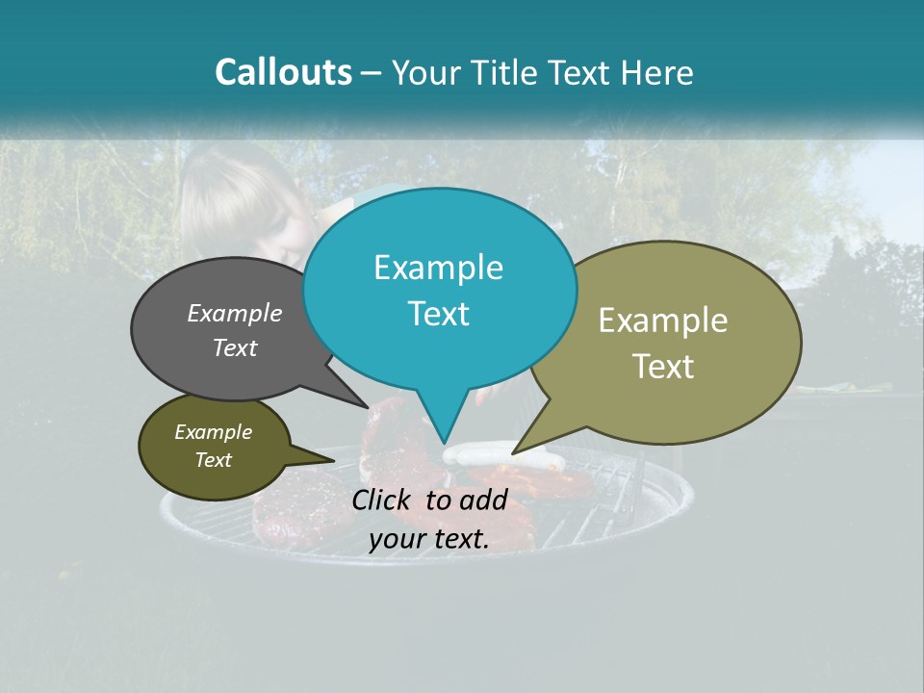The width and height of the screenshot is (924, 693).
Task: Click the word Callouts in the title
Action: [283, 72]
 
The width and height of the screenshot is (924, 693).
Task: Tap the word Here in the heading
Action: [656, 72]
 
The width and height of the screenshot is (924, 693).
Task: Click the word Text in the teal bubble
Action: [438, 314]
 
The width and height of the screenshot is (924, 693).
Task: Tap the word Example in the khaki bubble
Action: [663, 321]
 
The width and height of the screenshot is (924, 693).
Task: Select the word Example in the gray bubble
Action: [235, 313]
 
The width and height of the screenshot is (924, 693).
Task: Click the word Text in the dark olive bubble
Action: [213, 460]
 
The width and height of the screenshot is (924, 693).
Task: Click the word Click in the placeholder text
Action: [383, 500]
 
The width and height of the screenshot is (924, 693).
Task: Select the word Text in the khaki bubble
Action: [663, 367]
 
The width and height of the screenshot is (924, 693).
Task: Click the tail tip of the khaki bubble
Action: [513, 452]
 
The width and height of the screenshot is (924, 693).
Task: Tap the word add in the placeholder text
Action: [485, 500]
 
